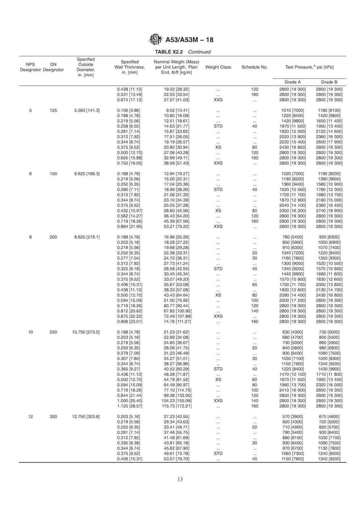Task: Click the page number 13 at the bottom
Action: coord(180,479)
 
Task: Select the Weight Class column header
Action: coord(218,67)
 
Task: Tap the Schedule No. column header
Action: coord(254,67)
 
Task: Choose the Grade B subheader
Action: coord(329,82)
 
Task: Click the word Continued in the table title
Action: coord(199,52)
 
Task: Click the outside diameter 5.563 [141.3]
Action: coord(87,111)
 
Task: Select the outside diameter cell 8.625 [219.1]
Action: coord(87,237)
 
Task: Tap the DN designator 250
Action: coord(53,332)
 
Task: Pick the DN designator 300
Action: coord(53,416)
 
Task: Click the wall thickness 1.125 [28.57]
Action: coord(130,406)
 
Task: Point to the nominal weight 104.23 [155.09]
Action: coord(176,401)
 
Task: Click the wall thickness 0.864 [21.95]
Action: coord(130,227)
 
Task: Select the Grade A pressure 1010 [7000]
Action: coord(292,111)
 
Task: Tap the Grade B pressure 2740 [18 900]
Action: coord(329,211)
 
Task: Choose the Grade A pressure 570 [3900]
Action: coord(292,416)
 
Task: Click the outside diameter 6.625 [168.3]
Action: coord(87,174)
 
